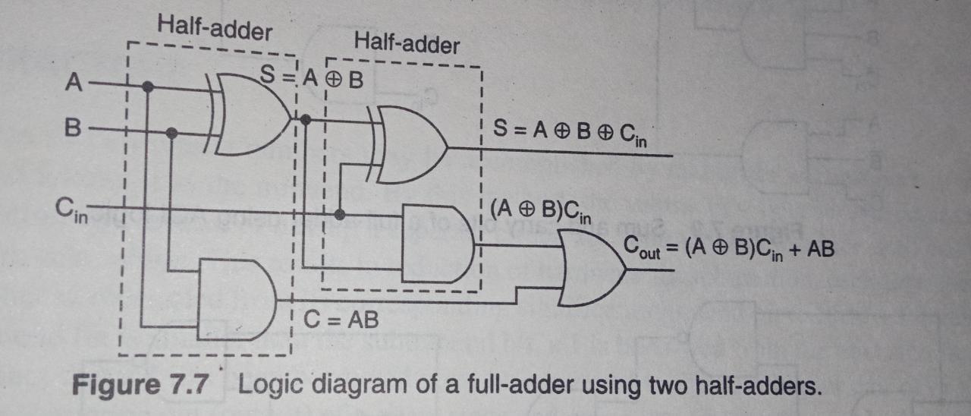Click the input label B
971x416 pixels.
coord(73,128)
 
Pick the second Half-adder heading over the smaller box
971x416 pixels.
coord(407,44)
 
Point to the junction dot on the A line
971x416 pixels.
coord(148,87)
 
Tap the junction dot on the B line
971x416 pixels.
coord(172,133)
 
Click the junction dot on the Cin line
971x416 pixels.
coord(340,214)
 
